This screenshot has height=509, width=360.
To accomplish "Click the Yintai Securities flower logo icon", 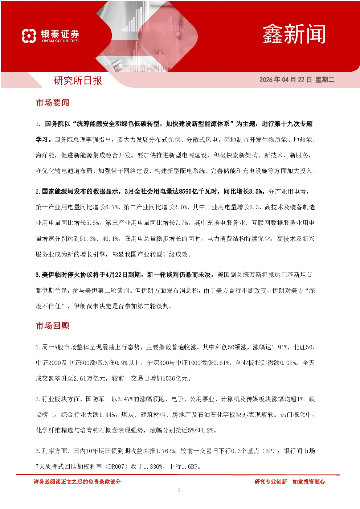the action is point(29,36).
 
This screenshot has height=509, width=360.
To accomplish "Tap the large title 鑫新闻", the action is point(294,34).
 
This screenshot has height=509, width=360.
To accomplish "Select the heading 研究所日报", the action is point(78,81).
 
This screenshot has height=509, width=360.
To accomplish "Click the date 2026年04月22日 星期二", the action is point(297,79).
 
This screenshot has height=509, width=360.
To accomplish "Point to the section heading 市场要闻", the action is point(53,103).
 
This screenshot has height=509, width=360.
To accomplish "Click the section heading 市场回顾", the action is point(53,326).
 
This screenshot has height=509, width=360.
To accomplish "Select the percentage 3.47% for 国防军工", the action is point(125,399).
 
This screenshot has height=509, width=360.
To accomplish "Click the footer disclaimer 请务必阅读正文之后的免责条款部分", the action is point(77,481).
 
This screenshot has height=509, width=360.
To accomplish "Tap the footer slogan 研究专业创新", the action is point(271,481).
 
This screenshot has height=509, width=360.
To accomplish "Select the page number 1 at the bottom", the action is point(179,490).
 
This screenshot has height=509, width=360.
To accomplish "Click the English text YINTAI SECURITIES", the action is point(60,41).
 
